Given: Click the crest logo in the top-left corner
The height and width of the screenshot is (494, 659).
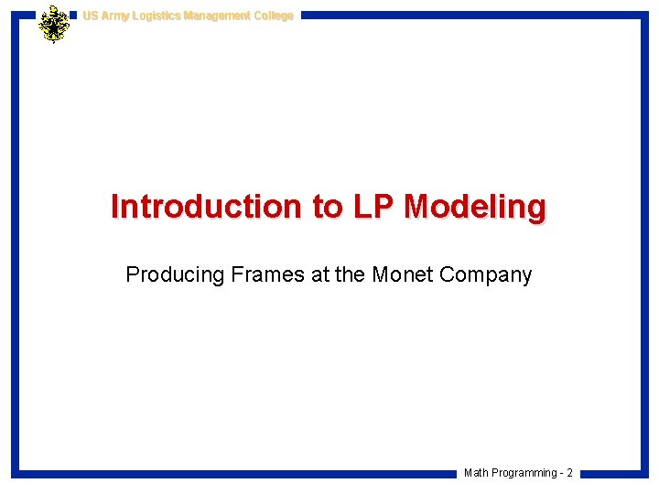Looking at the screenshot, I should (54, 24).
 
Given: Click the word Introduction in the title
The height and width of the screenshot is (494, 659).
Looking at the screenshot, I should (207, 207).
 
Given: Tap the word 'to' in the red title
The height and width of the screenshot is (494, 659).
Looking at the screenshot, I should (326, 207).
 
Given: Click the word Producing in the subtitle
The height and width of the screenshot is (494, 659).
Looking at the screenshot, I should (174, 274).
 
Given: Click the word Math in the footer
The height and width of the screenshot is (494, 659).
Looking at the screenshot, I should (476, 473).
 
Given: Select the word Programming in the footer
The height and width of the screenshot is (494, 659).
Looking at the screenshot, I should (524, 473).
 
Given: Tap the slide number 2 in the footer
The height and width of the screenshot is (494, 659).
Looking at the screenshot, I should (569, 473).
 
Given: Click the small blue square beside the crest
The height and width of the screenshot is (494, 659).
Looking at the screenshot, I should (73, 16).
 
